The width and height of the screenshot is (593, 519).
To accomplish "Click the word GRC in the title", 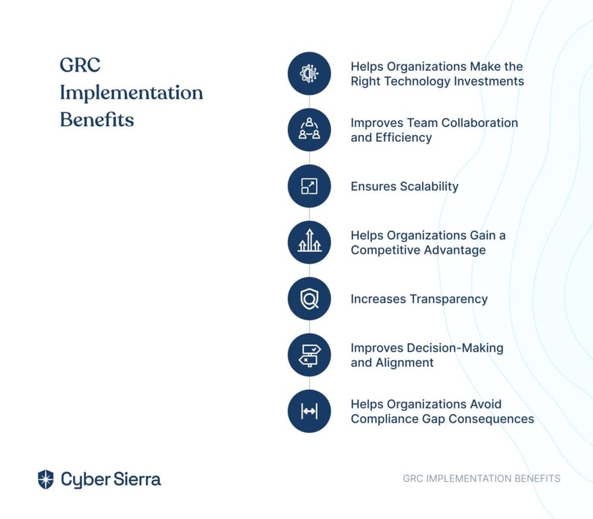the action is (80, 65).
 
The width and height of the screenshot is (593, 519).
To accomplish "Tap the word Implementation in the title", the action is (132, 93).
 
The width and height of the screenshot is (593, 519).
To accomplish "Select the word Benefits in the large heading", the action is (97, 120).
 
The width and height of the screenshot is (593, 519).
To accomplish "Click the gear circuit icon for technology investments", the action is (309, 74).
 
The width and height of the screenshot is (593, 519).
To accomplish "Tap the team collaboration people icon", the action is (309, 129).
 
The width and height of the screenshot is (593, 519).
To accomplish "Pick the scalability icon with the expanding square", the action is (309, 186).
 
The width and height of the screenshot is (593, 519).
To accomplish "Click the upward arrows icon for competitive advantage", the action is (309, 241).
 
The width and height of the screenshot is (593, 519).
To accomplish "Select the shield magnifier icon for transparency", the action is (309, 299).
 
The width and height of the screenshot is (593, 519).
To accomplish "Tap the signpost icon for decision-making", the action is (309, 355).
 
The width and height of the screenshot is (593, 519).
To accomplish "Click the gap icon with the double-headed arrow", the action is (309, 411).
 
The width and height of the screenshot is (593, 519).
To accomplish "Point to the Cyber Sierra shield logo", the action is (46, 479).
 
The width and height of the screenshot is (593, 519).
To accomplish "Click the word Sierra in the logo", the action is (137, 479).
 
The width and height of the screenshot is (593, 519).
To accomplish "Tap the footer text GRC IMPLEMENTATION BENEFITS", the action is (482, 478).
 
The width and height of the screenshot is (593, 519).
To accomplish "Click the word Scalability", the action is (429, 187).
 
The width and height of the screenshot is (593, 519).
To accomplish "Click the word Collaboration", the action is (480, 122).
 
